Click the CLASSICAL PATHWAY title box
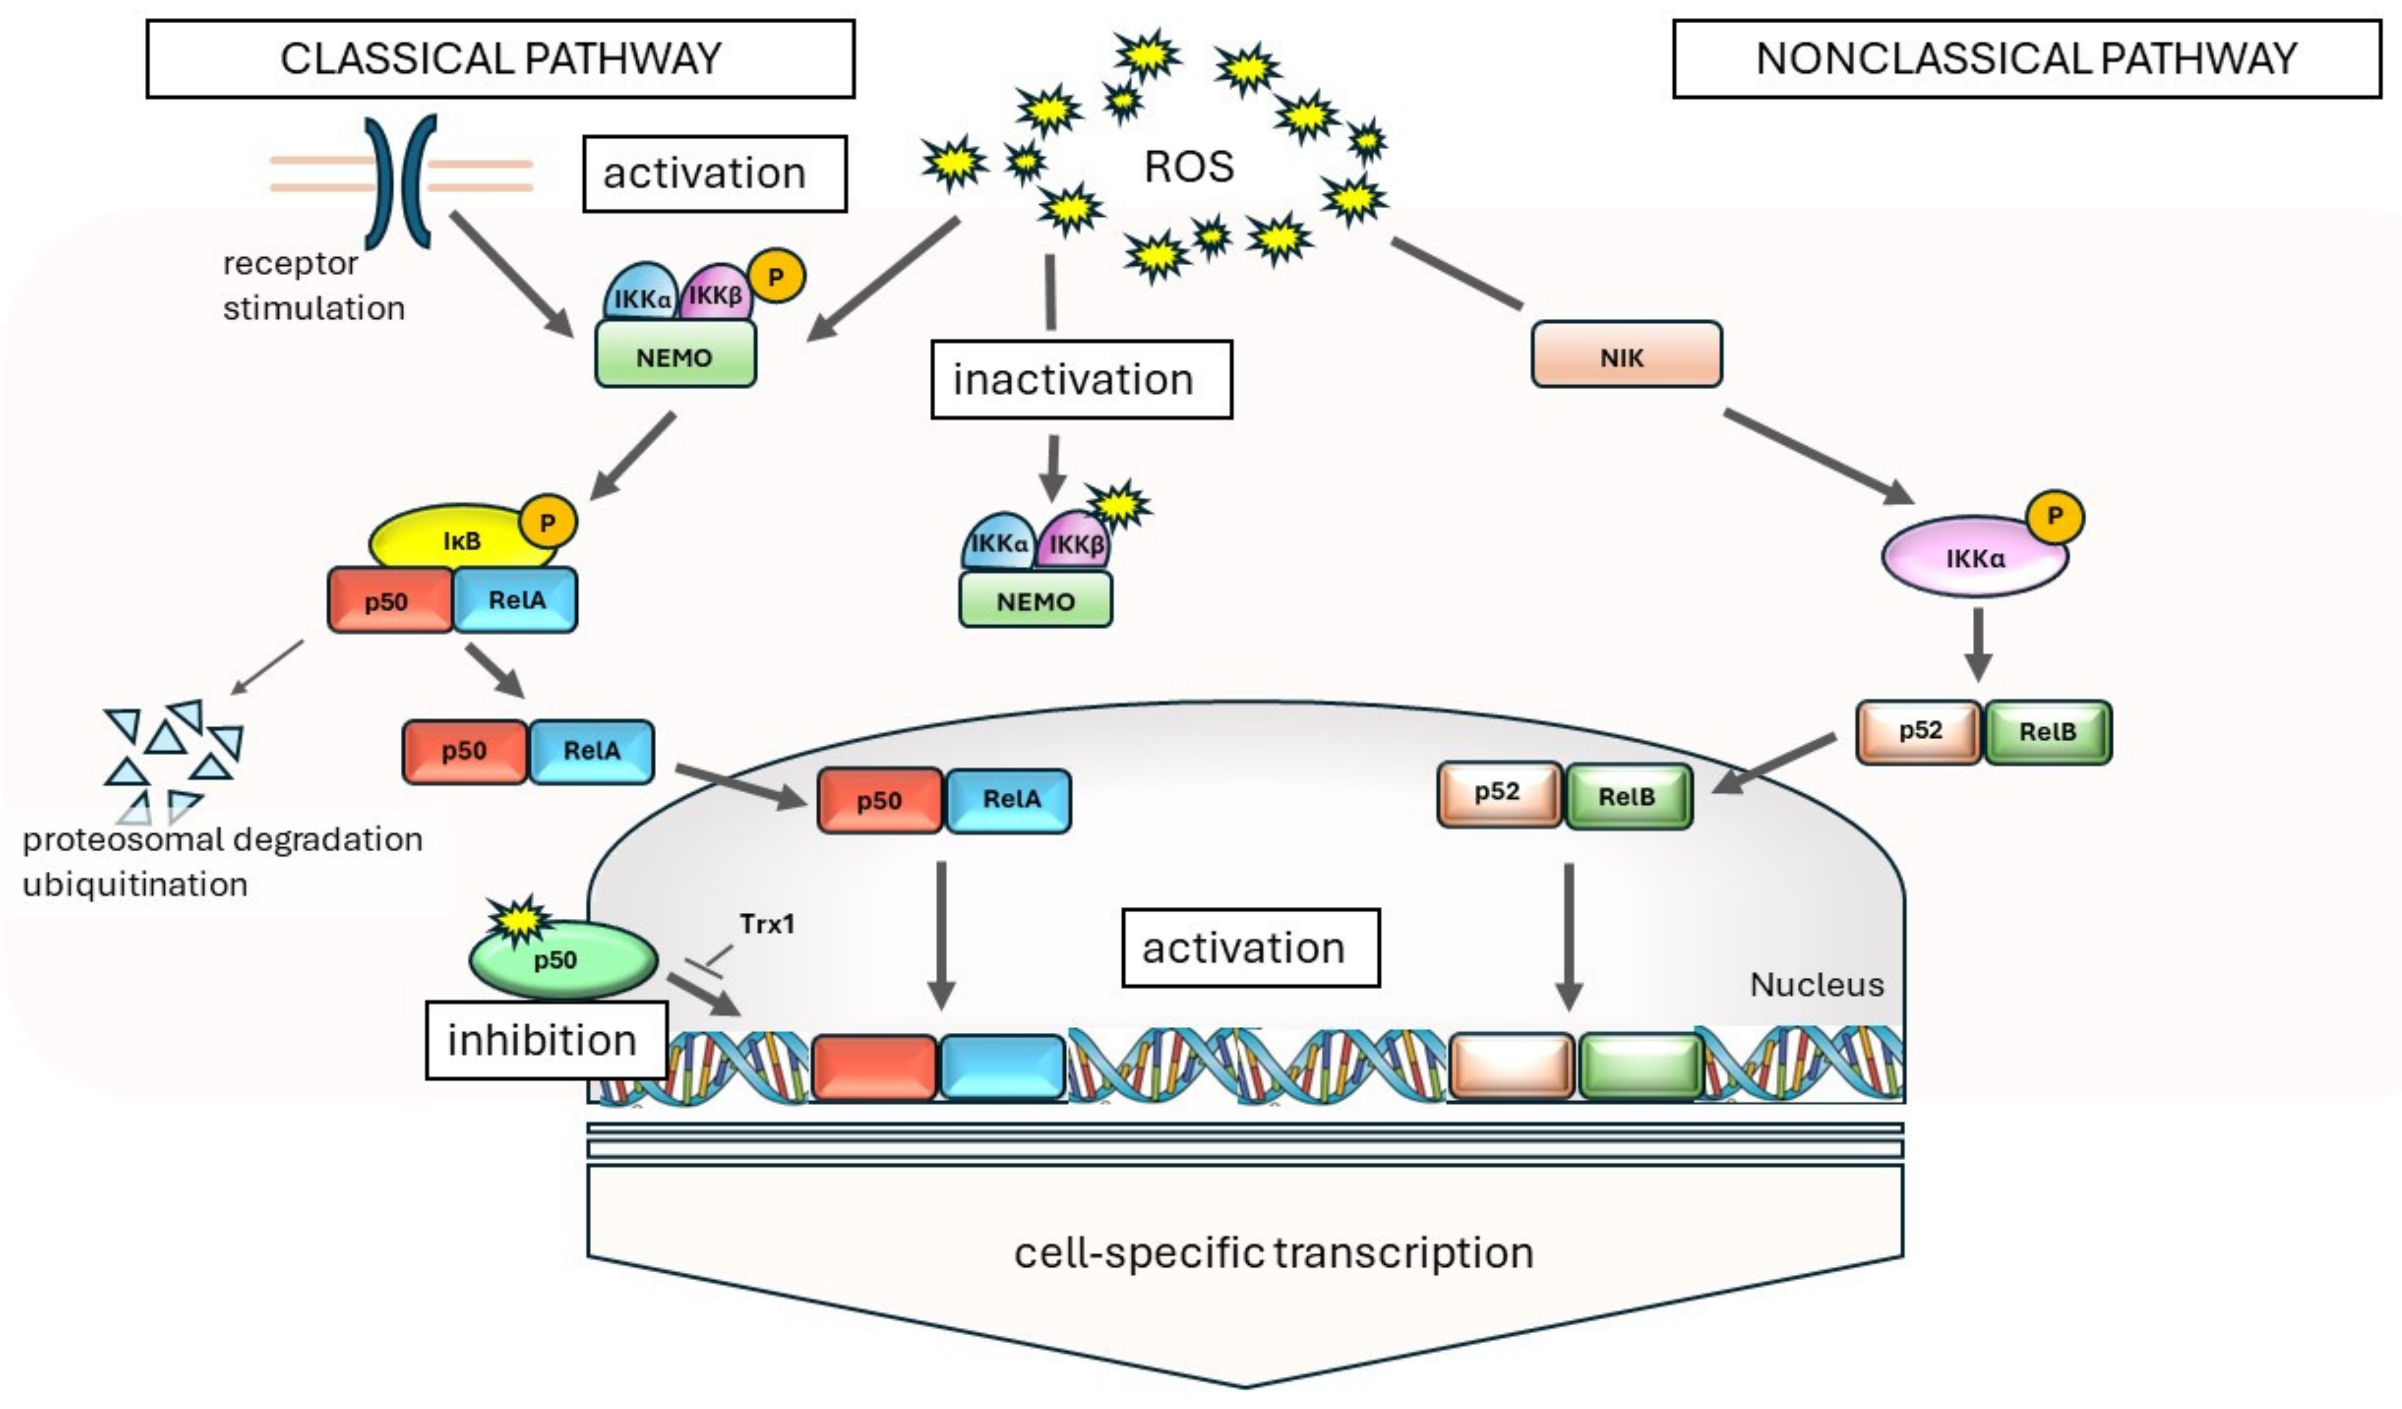[x=500, y=59]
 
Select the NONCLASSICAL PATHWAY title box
[x=2027, y=59]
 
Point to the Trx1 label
[x=766, y=924]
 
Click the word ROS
[x=1188, y=167]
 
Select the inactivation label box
[x=1082, y=380]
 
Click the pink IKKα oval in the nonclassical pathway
[x=1974, y=558]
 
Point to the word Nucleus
[x=1817, y=985]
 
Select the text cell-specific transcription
[x=1273, y=1253]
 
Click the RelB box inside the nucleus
[x=1628, y=796]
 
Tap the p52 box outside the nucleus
[x=1918, y=732]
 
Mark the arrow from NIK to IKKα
[x=1819, y=457]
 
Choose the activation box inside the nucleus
[x=1251, y=947]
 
